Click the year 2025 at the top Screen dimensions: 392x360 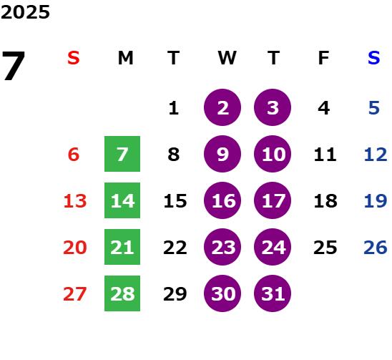point(25,12)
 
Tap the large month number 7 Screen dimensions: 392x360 point(14,65)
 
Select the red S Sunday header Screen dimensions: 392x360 point(74,58)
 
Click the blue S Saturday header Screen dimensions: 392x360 point(374,58)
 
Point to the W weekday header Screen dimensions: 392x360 point(227,58)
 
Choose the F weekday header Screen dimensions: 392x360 point(324,58)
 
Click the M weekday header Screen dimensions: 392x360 point(125,58)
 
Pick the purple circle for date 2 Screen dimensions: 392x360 point(222,107)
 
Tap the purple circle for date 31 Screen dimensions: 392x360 point(273,293)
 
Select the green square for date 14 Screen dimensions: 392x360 point(122,200)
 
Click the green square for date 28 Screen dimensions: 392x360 point(122,293)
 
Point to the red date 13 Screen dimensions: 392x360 point(75,201)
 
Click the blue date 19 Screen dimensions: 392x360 point(376,201)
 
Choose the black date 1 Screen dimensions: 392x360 point(174,108)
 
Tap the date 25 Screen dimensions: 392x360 point(325,248)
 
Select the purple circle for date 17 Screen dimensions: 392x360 point(273,200)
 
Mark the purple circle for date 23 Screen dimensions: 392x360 point(222,247)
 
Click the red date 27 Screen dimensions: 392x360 point(75,294)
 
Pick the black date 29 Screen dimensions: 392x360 point(175,294)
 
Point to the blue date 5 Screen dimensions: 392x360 point(374,108)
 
